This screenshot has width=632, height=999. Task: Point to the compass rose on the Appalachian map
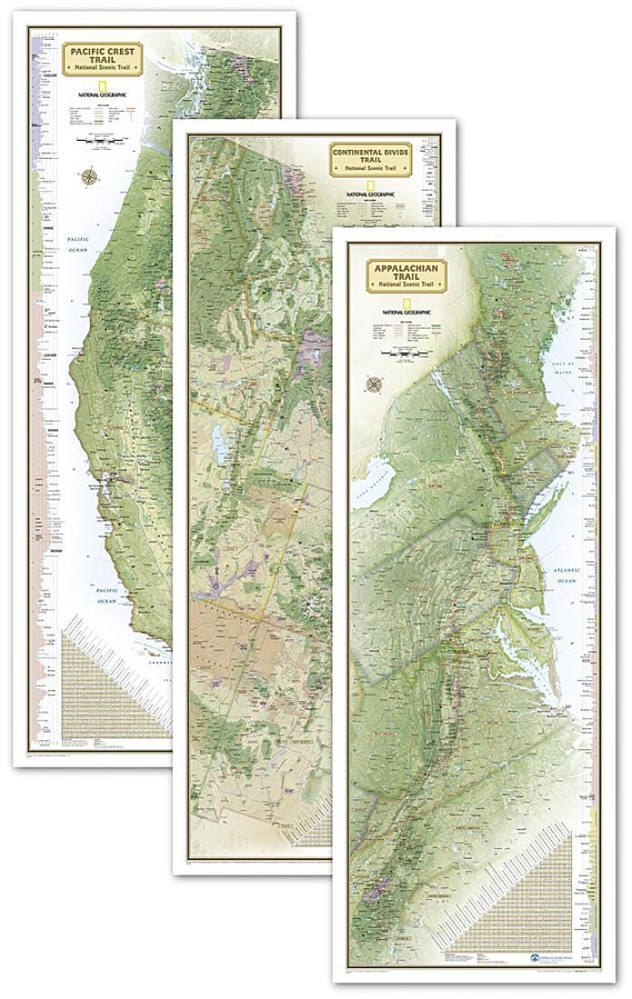372,385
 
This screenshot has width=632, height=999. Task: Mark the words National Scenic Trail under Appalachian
411,285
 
